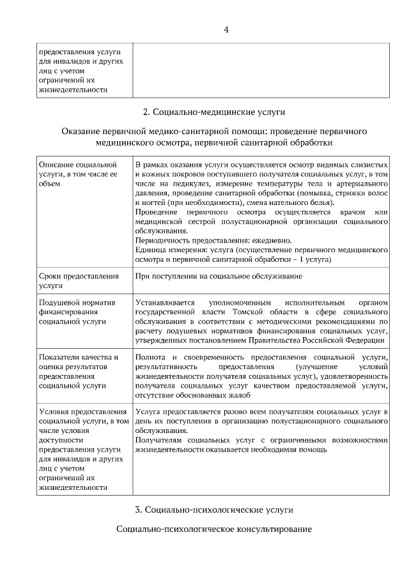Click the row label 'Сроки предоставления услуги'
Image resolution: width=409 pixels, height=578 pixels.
79,281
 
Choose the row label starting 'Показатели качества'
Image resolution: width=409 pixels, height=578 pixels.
79,371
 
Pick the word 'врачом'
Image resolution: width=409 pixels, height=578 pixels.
354,212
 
